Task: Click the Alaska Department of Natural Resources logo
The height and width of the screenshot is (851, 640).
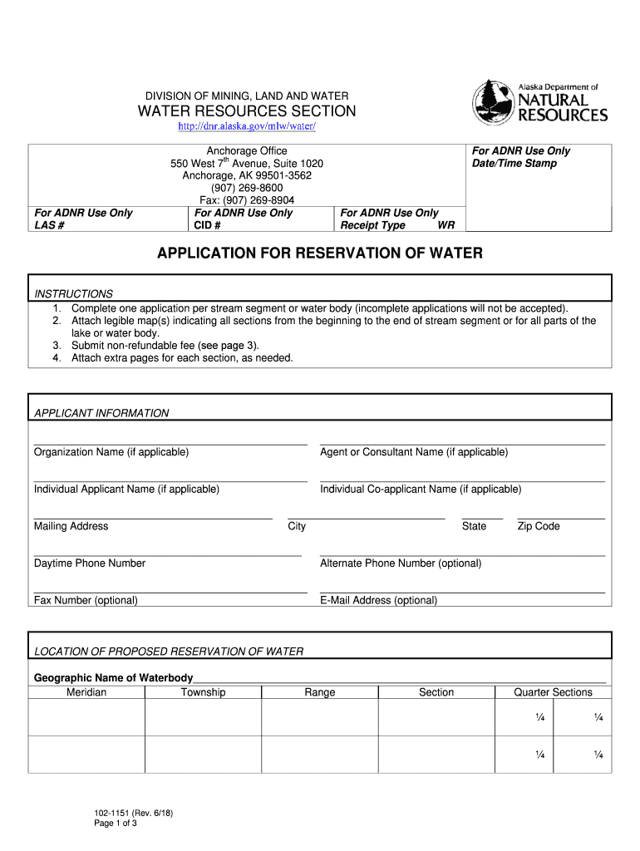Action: (x=540, y=103)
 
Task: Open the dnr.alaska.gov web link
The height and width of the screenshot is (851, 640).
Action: (x=248, y=126)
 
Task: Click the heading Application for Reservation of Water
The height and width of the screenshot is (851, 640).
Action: (x=320, y=253)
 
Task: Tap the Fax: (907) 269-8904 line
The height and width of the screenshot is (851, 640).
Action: (x=247, y=200)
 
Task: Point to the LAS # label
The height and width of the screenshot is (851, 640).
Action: (x=51, y=226)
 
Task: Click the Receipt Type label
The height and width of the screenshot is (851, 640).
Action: (x=373, y=226)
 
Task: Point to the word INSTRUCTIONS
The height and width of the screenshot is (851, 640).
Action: (x=73, y=294)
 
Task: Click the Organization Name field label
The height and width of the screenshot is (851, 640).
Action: (x=111, y=452)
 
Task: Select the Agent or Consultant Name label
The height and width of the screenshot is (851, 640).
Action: (x=414, y=452)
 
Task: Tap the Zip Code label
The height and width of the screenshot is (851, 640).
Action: (x=539, y=526)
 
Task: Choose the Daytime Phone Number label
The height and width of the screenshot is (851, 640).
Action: (x=90, y=563)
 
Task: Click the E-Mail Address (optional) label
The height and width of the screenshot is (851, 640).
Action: (x=378, y=600)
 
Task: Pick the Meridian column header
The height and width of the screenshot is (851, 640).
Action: (x=86, y=692)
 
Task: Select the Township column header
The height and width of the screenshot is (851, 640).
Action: (x=203, y=692)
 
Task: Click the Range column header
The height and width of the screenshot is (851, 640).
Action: (x=320, y=692)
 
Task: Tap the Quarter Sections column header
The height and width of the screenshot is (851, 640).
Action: (x=553, y=692)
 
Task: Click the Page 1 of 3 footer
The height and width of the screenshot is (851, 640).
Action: (x=115, y=824)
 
